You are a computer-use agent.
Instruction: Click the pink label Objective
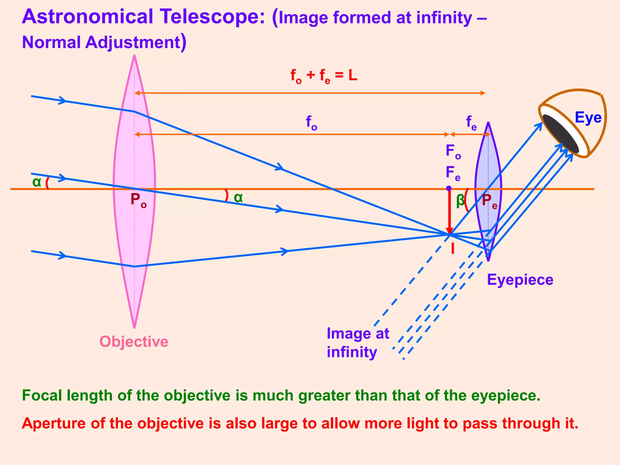(134, 341)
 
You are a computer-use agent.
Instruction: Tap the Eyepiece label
(520, 279)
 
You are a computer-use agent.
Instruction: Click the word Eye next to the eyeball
(588, 117)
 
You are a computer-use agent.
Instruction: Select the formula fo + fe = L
(324, 76)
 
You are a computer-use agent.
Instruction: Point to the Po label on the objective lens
(138, 200)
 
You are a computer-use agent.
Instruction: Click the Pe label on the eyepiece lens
(489, 201)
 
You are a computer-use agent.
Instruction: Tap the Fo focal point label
(453, 151)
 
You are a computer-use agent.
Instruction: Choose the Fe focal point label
(453, 173)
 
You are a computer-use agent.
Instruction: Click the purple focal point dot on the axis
(449, 188)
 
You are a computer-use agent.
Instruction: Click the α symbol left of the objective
(37, 182)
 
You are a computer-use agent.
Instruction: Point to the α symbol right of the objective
(238, 198)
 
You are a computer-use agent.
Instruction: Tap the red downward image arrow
(450, 212)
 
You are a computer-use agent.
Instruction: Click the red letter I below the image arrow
(453, 249)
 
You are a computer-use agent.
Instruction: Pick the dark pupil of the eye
(560, 134)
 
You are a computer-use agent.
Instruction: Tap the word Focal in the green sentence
(42, 395)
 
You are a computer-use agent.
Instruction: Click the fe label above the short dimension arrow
(471, 123)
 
